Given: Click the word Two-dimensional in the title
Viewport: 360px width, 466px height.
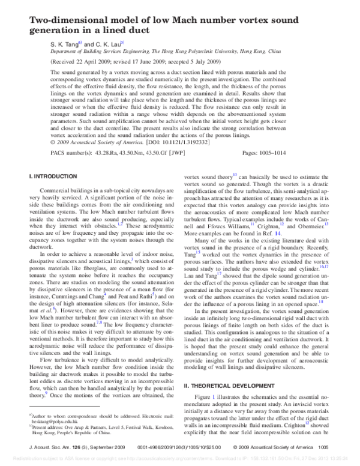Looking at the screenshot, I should (56, 19).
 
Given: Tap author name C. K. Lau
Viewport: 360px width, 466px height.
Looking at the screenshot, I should (106, 44).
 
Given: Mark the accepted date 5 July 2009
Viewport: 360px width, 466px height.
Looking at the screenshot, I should (200, 61).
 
